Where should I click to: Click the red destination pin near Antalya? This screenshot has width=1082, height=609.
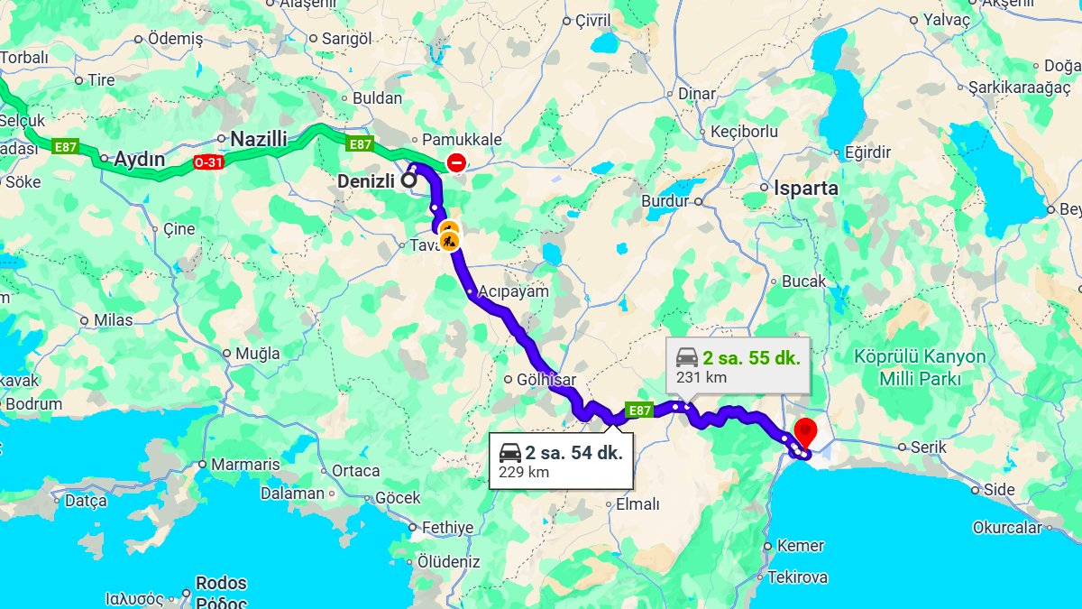804,430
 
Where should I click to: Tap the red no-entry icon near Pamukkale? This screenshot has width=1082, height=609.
456,163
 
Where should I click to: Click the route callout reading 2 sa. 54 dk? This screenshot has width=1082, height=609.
560,461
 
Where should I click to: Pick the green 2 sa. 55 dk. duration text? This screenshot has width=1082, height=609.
751,355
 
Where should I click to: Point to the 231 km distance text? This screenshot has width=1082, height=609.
701,377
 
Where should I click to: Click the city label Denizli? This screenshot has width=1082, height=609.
365,181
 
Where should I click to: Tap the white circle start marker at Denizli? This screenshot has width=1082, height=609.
408,180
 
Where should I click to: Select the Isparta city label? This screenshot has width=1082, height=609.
805,189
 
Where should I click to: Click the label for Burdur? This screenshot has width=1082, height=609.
665,201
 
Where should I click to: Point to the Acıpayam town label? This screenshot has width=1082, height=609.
513,291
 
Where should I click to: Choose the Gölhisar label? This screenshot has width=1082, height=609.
546,380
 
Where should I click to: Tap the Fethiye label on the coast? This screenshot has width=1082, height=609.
447,528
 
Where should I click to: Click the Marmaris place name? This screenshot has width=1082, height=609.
245,465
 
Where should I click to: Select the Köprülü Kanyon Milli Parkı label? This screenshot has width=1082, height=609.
921,367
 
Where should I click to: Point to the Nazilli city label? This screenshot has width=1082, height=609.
259,139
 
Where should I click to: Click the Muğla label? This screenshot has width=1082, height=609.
257,354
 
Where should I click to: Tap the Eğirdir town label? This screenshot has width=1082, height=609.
867,152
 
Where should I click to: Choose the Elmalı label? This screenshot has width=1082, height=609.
637,505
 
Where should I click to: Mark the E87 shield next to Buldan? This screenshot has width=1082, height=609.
360,143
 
